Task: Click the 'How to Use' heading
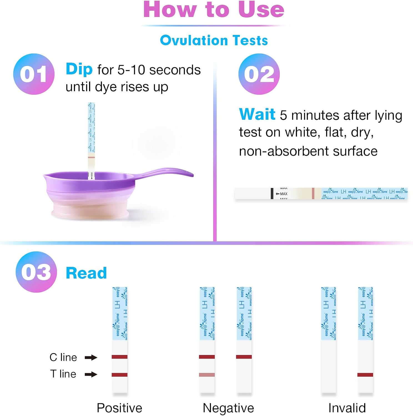tap(214, 10)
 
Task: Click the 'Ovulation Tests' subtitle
tap(214, 40)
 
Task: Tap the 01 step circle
tap(34, 74)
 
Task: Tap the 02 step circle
tap(259, 74)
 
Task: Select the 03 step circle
tap(36, 272)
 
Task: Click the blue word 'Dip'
tap(79, 69)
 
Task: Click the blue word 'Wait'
tap(257, 114)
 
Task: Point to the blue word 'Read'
tap(86, 273)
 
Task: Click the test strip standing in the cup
tap(91, 139)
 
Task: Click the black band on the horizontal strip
tap(272, 194)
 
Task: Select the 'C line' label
tap(63, 357)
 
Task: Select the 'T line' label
tap(63, 374)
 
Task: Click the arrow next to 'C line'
tap(91, 357)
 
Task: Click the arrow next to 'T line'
tap(91, 374)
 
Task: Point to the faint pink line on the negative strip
tap(207, 375)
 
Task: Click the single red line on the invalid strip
tap(365, 375)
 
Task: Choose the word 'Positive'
tap(119, 408)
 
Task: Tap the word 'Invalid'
tap(347, 408)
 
